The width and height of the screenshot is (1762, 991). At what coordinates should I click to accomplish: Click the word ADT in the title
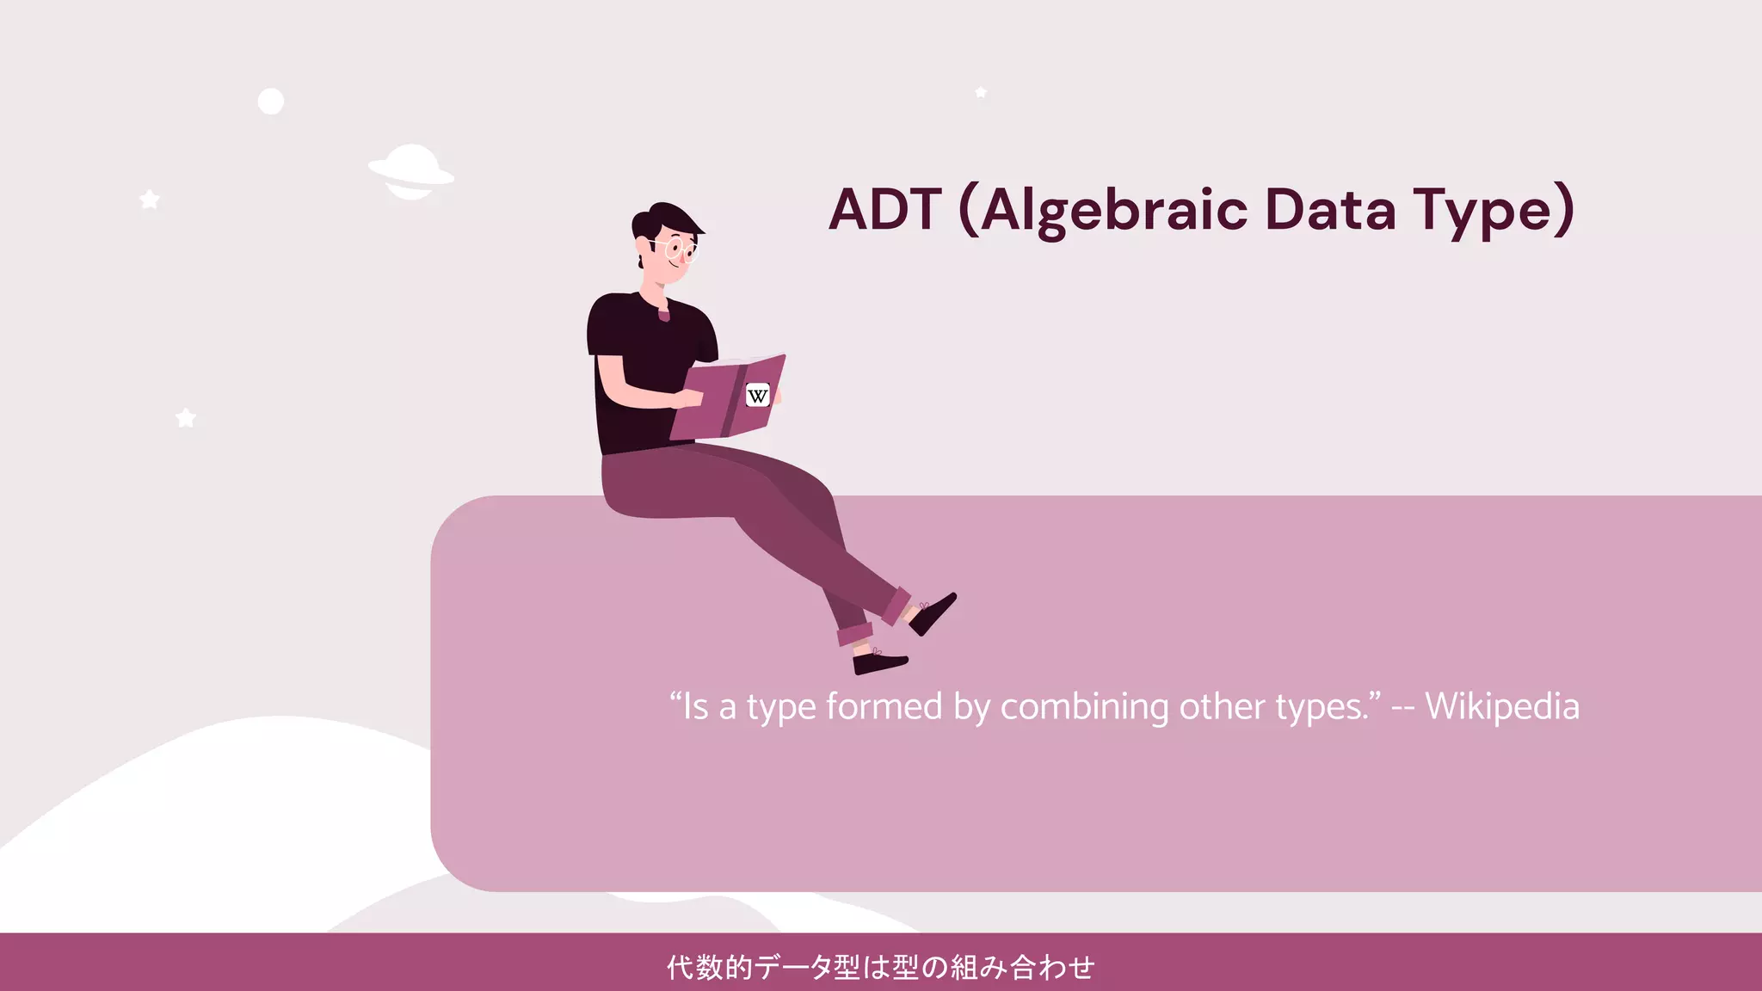[x=884, y=210]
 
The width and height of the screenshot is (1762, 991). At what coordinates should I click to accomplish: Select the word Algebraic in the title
[x=1113, y=212]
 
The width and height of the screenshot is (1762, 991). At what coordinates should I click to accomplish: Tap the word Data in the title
[x=1330, y=210]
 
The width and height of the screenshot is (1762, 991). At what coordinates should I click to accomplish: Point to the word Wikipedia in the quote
[x=1502, y=707]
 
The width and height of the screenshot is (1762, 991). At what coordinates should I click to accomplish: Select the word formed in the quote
[x=884, y=707]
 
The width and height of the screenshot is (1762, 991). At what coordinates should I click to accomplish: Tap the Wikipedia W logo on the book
[x=757, y=396]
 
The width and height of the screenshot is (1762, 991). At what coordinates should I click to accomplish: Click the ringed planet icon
[x=410, y=172]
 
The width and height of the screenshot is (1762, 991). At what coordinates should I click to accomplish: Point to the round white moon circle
[x=271, y=102]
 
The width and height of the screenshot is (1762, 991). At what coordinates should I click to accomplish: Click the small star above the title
[x=981, y=92]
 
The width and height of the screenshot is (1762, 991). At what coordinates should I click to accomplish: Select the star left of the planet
[x=150, y=200]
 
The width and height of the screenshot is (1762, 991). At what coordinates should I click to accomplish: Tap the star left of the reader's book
[x=186, y=418]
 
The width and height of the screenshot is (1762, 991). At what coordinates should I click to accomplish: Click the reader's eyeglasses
[x=680, y=250]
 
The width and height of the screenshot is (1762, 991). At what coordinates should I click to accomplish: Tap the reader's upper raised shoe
[x=933, y=612]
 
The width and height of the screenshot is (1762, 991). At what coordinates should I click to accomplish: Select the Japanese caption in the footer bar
[x=881, y=967]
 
